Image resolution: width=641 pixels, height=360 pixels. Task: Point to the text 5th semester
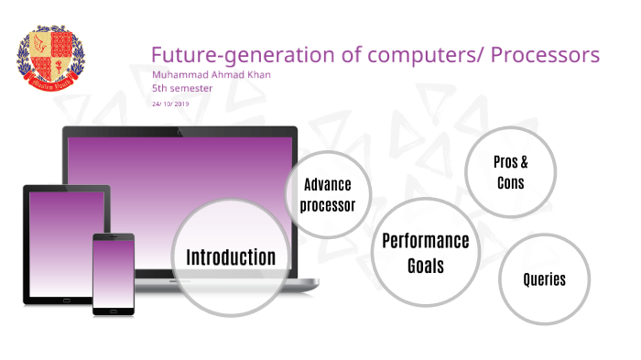click(x=182, y=89)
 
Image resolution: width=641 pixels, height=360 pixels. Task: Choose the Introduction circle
click(x=231, y=257)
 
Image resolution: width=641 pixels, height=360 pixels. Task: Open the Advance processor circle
click(x=328, y=194)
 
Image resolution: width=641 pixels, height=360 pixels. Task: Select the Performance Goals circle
click(x=425, y=253)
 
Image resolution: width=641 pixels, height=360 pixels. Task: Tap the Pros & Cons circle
click(x=511, y=171)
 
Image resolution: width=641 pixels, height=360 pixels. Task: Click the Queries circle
click(x=544, y=279)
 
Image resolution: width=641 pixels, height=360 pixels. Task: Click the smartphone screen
click(x=114, y=274)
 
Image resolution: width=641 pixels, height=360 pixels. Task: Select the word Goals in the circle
click(x=425, y=266)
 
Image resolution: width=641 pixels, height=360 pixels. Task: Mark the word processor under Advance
click(x=328, y=204)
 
